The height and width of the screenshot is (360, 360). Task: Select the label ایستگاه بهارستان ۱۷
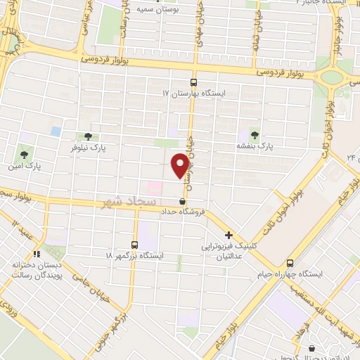point(193,93)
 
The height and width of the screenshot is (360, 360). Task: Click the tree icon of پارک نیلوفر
point(88,137)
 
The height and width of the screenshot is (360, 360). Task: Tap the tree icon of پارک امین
point(25,153)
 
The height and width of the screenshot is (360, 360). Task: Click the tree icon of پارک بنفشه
point(254,134)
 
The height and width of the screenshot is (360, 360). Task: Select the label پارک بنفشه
point(254,146)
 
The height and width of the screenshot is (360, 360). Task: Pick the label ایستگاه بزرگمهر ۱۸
point(135,257)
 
